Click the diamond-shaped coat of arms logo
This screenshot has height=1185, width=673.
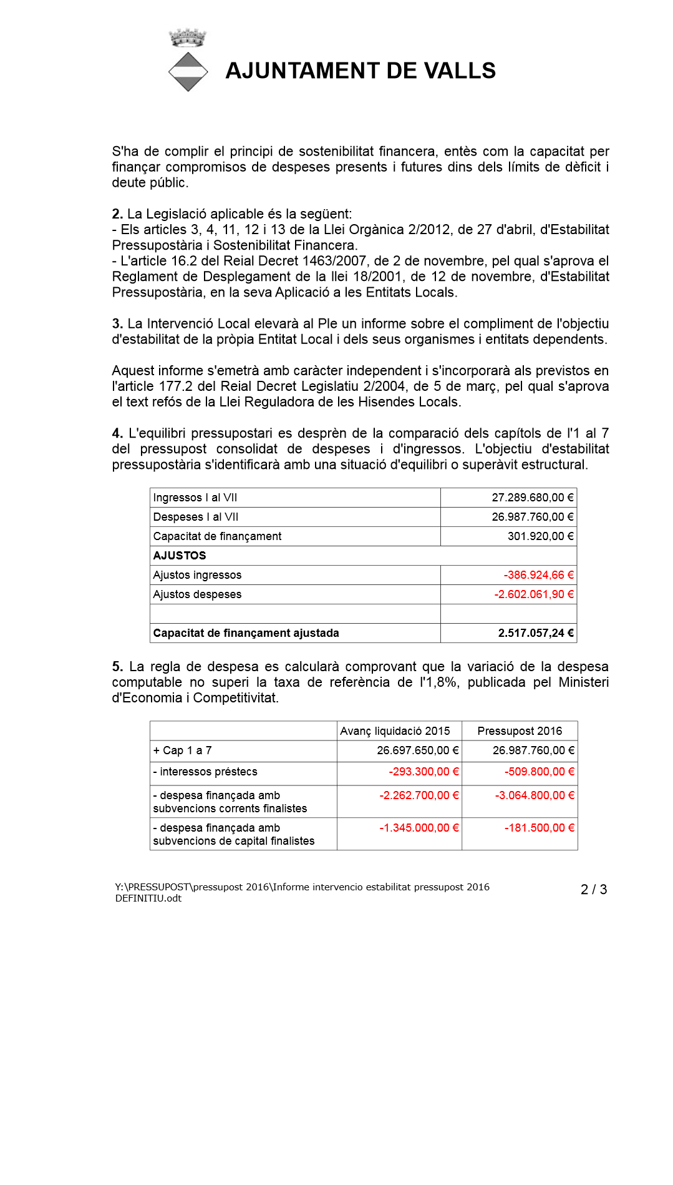coord(188,72)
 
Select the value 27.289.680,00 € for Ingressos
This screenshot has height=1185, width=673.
coord(532,498)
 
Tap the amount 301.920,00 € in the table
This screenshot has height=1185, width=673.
coord(540,536)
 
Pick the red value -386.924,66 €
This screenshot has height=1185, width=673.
coord(538,575)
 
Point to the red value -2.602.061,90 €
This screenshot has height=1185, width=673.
coord(534,594)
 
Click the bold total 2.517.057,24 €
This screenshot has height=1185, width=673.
coord(535,633)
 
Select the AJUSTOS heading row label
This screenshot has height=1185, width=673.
coord(180,556)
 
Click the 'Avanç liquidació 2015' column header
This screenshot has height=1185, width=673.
coord(395,731)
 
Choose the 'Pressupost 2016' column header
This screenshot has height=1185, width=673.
coord(520,731)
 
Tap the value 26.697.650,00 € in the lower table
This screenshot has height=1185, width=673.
coord(417,750)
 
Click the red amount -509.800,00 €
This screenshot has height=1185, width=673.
coord(540,772)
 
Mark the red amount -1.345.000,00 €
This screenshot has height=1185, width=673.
coord(419,828)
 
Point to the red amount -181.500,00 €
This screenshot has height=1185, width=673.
coord(540,828)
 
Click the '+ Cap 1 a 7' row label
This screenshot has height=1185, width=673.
coord(183,750)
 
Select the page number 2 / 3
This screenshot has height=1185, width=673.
coord(594,890)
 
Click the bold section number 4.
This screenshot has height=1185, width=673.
coord(117,433)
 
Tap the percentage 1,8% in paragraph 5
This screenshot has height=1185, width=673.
coord(442,682)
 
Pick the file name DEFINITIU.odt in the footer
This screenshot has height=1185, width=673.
coord(148,898)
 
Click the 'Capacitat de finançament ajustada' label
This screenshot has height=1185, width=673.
coord(246,633)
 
